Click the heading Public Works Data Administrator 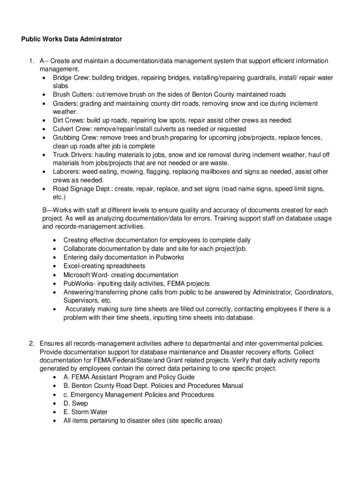click(x=72, y=39)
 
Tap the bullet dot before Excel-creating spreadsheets click(x=55, y=267)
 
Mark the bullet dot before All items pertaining click(x=55, y=421)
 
